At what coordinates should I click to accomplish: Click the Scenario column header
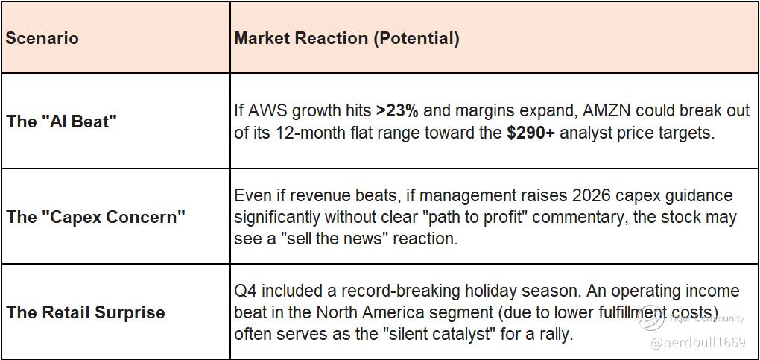(x=42, y=38)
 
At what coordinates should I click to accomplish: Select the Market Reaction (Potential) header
(x=346, y=38)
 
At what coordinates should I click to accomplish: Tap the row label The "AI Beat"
(x=62, y=121)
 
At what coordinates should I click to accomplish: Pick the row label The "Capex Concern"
(x=95, y=216)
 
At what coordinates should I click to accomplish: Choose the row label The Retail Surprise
(x=85, y=312)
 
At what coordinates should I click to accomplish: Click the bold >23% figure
(x=397, y=111)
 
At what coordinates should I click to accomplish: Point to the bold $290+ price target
(x=531, y=133)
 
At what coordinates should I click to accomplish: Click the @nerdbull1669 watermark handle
(x=698, y=343)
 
